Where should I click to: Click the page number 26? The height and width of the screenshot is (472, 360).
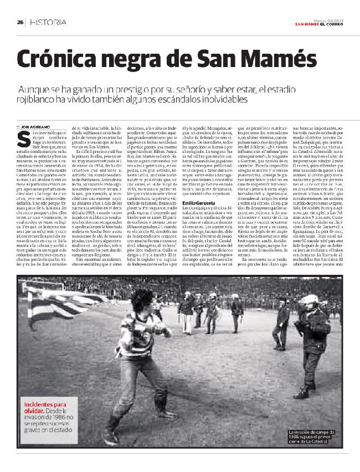click(20, 22)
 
